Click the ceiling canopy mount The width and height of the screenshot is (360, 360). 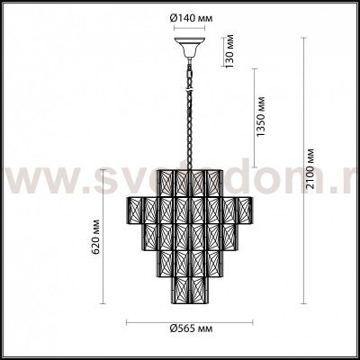click(x=190, y=41)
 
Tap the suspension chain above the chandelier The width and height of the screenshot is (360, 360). click(x=189, y=108)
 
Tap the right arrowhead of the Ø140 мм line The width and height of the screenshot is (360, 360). click(x=206, y=24)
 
